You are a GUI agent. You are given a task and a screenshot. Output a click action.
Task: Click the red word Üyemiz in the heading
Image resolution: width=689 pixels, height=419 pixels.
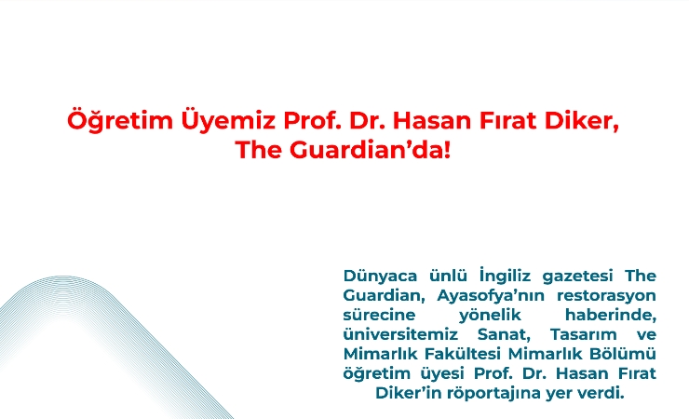point(228,122)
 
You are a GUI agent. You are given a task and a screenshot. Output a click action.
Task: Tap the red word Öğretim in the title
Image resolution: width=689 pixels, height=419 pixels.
point(120,121)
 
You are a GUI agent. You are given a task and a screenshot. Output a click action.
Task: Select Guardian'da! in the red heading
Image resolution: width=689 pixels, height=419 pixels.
point(370,149)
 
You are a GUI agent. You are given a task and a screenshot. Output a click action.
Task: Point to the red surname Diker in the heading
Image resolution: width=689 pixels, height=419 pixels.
point(581,121)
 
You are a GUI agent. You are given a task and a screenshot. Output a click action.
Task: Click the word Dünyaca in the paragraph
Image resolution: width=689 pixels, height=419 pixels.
point(380,277)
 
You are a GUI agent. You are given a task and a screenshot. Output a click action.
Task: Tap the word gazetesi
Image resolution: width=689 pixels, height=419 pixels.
point(577,277)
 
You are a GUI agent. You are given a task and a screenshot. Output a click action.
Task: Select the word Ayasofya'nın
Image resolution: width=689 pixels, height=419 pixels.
point(491,296)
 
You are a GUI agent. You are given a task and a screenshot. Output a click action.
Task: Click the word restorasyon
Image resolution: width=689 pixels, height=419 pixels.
point(606,296)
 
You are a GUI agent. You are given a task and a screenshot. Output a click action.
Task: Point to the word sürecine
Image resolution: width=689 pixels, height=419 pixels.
point(379,315)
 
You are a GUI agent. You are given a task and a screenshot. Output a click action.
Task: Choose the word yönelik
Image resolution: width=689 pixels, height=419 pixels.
point(490,316)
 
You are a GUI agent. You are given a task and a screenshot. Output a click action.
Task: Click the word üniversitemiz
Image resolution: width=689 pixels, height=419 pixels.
point(400,334)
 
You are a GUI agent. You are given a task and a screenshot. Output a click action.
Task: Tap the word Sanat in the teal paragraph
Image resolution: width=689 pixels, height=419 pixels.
point(504,335)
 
